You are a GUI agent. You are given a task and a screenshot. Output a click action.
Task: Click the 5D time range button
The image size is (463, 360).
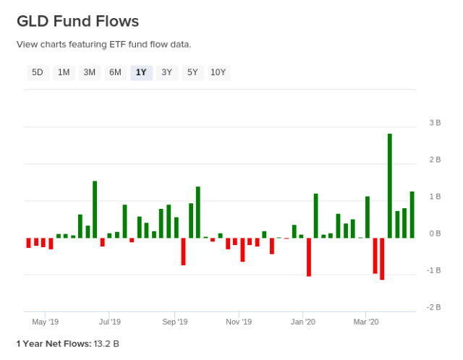click(x=38, y=72)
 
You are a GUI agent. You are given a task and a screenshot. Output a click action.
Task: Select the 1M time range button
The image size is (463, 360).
click(x=64, y=72)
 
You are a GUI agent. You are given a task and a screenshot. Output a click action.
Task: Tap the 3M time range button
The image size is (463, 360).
click(x=89, y=72)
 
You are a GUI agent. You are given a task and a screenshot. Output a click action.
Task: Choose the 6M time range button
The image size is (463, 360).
click(x=115, y=72)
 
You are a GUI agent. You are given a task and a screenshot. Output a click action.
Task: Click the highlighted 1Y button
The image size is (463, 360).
click(x=141, y=72)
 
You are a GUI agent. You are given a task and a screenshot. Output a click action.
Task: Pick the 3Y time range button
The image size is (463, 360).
click(x=167, y=72)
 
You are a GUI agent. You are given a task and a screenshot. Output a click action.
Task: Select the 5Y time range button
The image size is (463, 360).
click(x=192, y=72)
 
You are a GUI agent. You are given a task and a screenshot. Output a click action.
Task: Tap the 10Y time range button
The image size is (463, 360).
click(x=218, y=72)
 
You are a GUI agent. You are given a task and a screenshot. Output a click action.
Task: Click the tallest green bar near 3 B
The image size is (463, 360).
click(x=390, y=186)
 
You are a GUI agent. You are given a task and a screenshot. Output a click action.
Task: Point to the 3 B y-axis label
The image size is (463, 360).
click(x=435, y=123)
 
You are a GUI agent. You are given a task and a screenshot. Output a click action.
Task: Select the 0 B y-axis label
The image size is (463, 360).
click(x=435, y=233)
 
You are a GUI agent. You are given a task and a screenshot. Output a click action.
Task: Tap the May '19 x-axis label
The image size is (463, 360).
click(x=45, y=322)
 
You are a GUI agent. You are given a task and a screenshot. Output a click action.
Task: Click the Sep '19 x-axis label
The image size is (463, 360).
click(x=174, y=322)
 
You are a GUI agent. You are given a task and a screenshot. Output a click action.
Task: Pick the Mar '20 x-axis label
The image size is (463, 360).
click(x=366, y=322)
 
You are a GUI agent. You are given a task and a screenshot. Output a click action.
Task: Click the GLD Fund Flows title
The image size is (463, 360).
click(x=77, y=21)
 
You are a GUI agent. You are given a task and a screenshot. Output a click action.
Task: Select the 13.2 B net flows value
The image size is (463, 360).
click(x=106, y=343)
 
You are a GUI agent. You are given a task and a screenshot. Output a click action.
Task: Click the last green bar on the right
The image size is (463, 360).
click(x=412, y=215)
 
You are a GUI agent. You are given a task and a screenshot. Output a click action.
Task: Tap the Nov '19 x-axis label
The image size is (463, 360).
click(x=238, y=322)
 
